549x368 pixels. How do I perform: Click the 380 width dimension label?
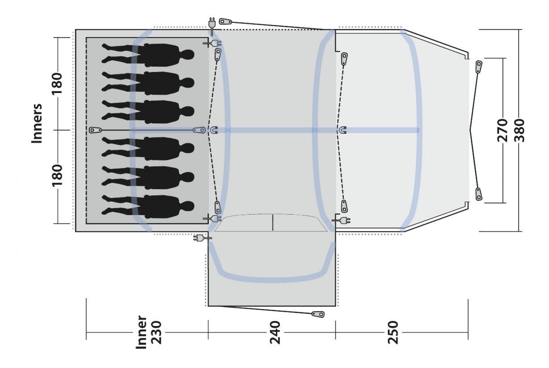519,130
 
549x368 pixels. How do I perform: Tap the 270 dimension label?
502,130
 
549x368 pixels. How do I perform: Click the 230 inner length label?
155,332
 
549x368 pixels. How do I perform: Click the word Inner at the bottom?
142,332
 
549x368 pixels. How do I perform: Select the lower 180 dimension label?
57,176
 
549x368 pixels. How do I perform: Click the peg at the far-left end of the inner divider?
95,130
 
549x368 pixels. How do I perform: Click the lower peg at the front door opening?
478,194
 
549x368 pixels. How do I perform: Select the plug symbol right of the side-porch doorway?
342,220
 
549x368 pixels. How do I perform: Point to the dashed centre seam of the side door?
273,222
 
